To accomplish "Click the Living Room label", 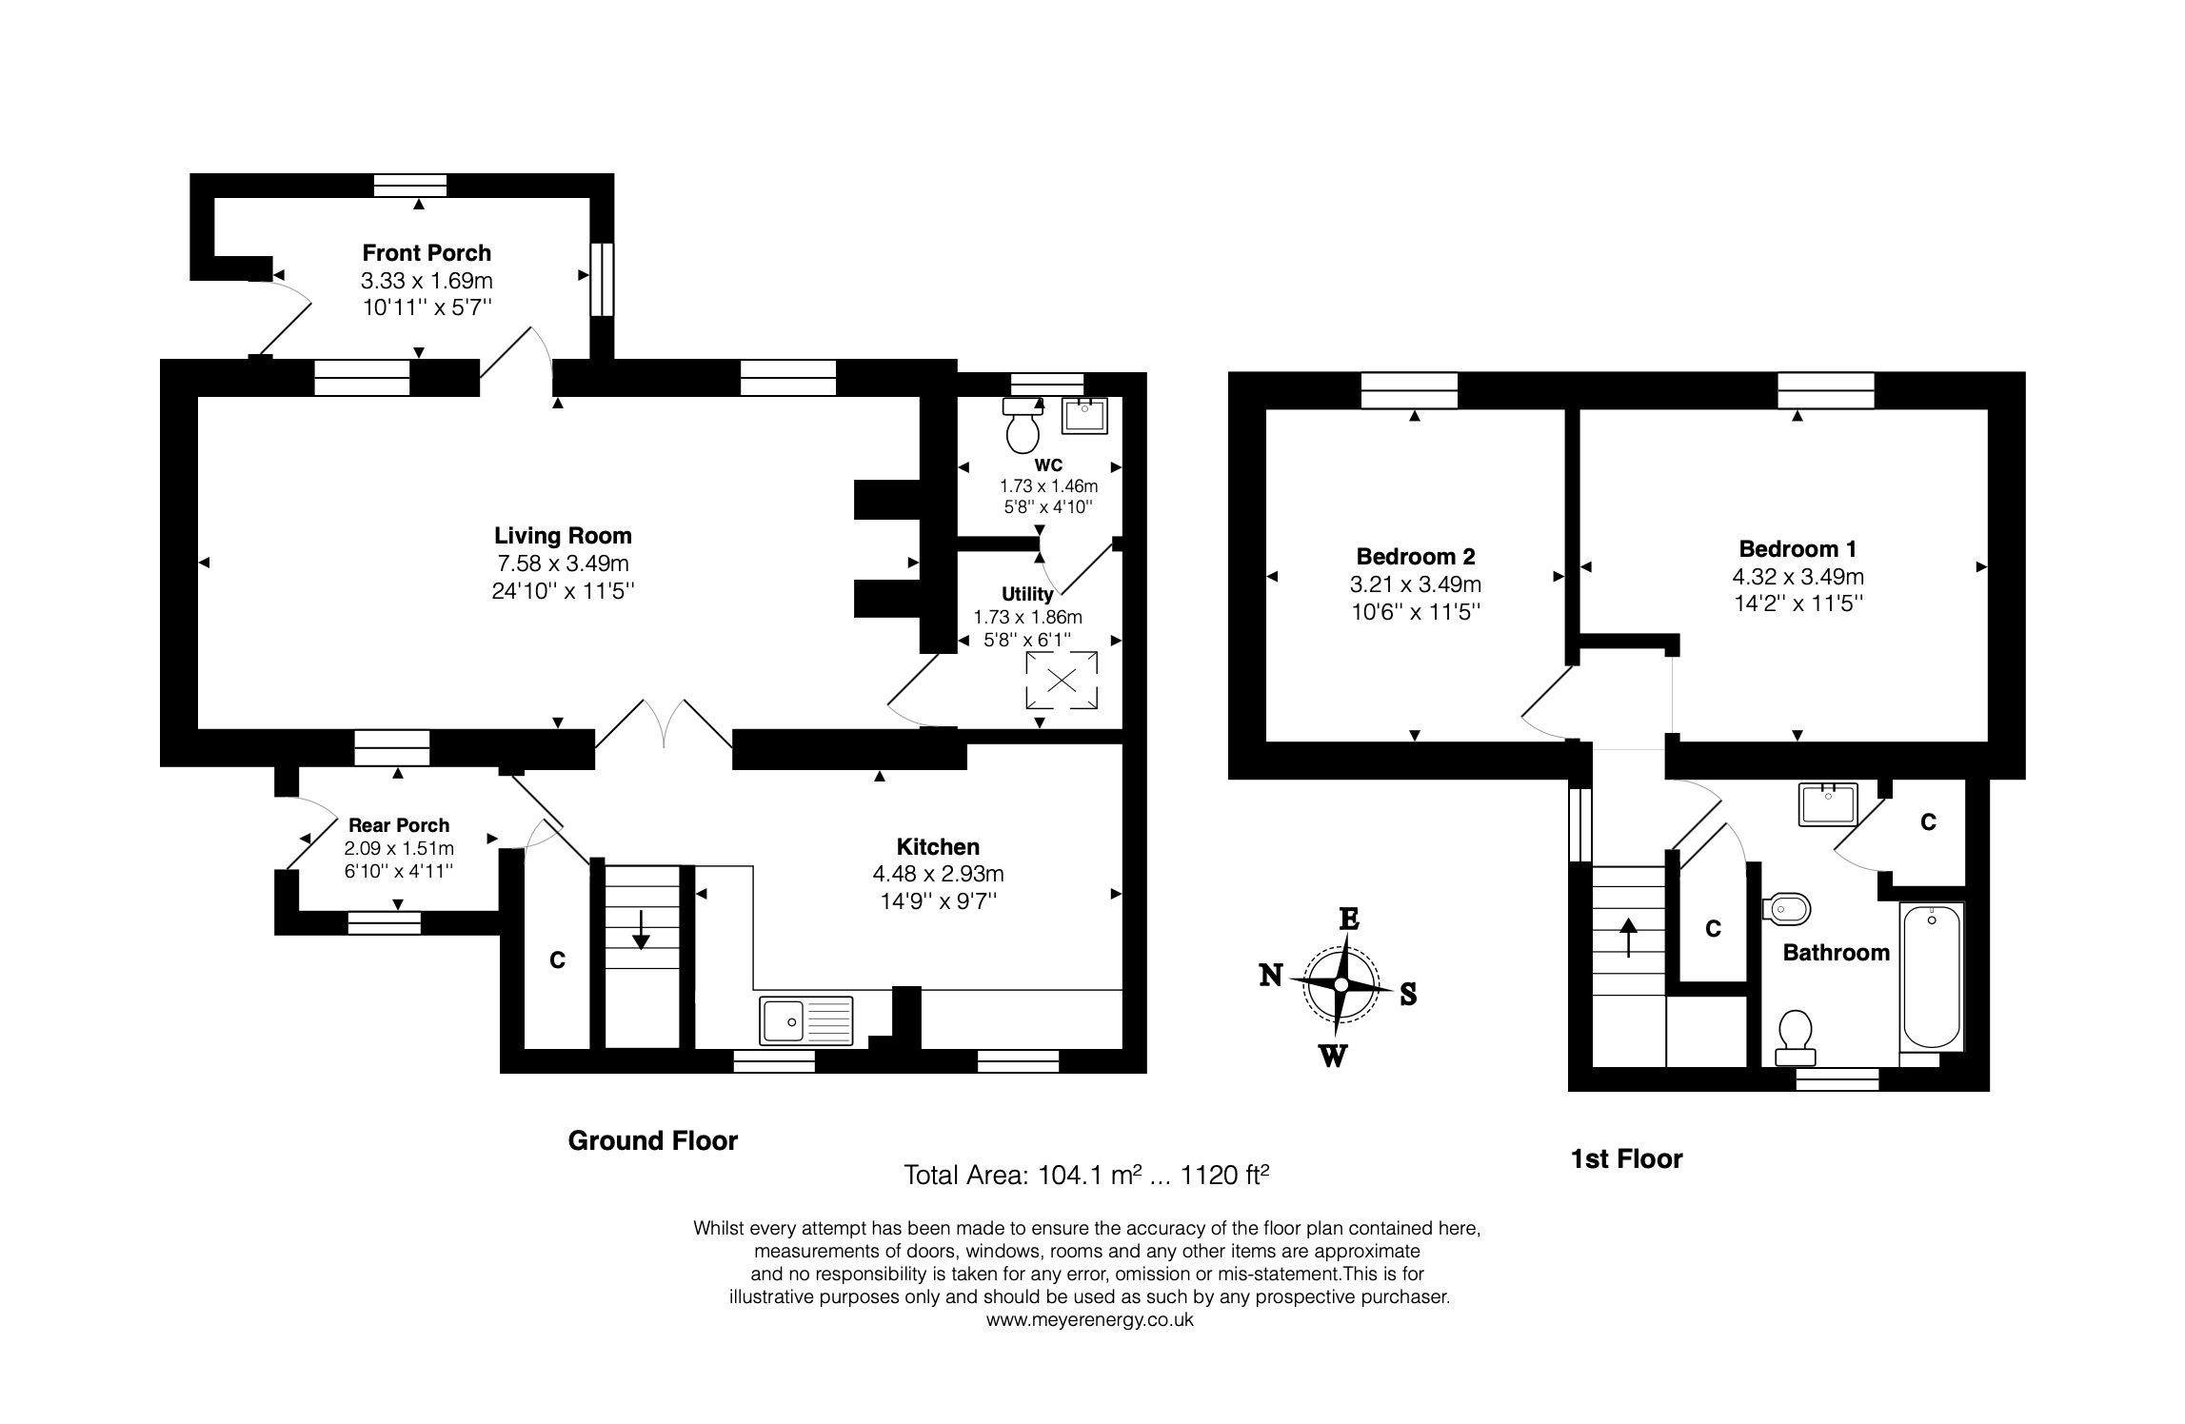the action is click(563, 536).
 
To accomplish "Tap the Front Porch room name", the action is click(427, 253).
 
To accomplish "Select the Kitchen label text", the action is click(938, 847).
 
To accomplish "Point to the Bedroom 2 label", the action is click(1416, 556).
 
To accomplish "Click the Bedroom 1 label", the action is click(1798, 549).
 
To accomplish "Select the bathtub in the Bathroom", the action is click(1932, 977).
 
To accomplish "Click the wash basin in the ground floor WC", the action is click(1084, 415).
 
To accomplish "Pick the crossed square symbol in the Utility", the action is click(1062, 680).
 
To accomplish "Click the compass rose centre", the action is click(1341, 984).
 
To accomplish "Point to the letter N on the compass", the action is click(1271, 976).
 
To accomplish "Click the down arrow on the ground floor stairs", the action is click(641, 930).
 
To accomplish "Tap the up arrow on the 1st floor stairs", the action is click(1628, 937).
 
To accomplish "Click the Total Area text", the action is click(1086, 1176).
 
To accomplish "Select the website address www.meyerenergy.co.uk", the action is click(1089, 1320).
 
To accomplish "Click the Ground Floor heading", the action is click(653, 1140).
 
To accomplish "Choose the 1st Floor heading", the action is click(1627, 1158).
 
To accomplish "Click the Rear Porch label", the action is click(399, 825).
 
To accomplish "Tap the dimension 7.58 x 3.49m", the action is click(563, 564).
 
